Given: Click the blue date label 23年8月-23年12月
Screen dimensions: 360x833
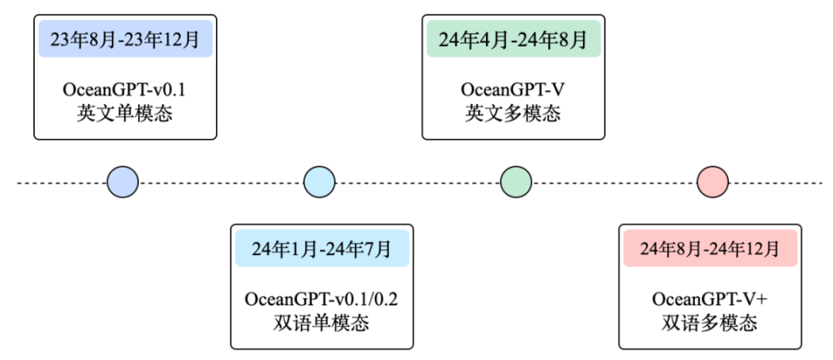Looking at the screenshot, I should [x=125, y=40].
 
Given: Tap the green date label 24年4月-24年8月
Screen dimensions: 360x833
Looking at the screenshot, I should [x=514, y=40].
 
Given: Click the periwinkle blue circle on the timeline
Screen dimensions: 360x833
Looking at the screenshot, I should [x=122, y=182].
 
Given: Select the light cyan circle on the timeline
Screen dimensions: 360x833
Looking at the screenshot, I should [x=319, y=182].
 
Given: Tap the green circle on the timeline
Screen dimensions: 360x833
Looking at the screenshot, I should [x=515, y=182].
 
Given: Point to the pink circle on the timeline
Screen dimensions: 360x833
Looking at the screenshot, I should [x=712, y=182].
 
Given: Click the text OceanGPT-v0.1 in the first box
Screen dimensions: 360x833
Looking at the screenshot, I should [x=125, y=89].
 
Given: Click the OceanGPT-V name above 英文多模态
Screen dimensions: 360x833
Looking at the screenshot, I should [x=514, y=89].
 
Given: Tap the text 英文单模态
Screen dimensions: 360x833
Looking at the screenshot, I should [x=125, y=113].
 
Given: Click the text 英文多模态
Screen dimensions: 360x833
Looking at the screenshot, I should [x=514, y=113].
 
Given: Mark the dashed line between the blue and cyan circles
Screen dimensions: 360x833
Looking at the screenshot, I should [x=220, y=183].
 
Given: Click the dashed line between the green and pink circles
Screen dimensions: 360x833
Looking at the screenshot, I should [x=613, y=183].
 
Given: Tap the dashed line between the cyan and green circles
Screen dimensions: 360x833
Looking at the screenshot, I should [x=417, y=183].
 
